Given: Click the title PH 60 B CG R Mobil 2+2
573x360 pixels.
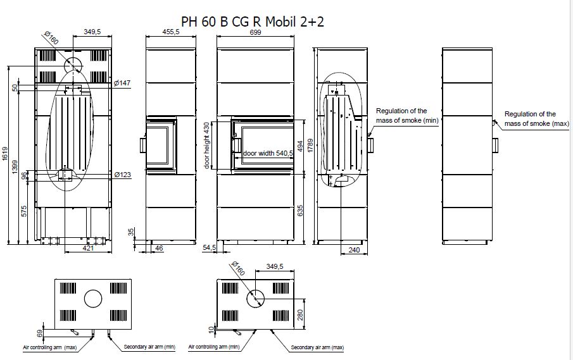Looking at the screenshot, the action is click(253, 22).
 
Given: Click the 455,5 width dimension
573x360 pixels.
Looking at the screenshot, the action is click(171, 32).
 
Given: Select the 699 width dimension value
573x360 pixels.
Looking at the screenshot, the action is click(255, 32).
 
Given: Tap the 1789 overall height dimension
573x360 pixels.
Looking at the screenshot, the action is click(311, 146).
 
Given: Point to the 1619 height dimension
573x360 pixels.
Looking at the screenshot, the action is click(5, 154).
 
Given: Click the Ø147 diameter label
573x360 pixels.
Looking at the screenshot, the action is click(122, 83).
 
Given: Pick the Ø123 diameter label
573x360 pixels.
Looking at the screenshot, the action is click(123, 175).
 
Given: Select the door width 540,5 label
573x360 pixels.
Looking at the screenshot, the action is click(268, 153).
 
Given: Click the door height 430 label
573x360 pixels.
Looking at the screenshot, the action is click(207, 146).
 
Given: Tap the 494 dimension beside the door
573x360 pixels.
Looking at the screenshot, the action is click(300, 146).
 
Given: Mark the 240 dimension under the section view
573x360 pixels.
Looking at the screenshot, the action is click(354, 250).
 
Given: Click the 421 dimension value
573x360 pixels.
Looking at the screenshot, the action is click(88, 248).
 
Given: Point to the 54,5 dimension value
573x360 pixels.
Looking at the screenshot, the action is click(210, 247).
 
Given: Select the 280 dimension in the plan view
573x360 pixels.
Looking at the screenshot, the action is click(300, 314).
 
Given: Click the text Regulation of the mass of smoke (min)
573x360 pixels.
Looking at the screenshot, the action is click(408, 115).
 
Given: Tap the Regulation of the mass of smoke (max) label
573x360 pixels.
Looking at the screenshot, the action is click(537, 119).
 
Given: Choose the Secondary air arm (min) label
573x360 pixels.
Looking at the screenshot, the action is click(149, 347).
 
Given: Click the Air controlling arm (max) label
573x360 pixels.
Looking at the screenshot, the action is click(49, 347).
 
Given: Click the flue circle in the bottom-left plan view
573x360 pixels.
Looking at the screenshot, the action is click(93, 299).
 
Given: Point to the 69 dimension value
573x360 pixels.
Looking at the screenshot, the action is click(40, 333).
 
